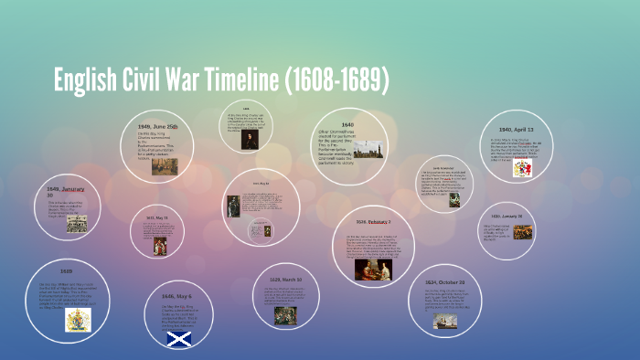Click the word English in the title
(85, 81)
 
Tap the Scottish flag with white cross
(177, 339)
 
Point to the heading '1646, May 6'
(176, 296)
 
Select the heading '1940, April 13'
(517, 130)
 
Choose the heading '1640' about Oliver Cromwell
(347, 124)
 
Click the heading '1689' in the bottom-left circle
(66, 271)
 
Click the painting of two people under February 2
(374, 269)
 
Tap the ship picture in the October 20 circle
(446, 321)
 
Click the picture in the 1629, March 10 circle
(285, 315)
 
